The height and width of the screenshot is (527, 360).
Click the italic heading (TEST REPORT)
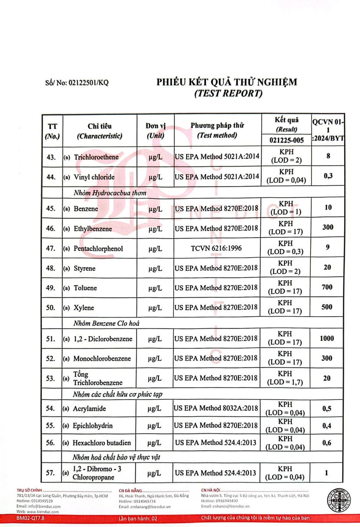click(x=228, y=93)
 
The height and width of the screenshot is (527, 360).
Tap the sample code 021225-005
click(x=285, y=141)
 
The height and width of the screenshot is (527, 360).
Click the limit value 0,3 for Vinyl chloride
click(x=327, y=176)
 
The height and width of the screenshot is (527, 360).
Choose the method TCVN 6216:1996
click(x=217, y=249)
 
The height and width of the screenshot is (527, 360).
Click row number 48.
click(x=51, y=268)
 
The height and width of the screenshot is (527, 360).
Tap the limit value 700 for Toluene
click(x=327, y=287)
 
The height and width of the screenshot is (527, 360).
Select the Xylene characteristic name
click(x=84, y=308)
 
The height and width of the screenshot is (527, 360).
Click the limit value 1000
click(x=327, y=338)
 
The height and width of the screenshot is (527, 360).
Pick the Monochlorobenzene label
click(x=102, y=358)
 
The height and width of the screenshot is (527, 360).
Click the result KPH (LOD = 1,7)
click(x=285, y=378)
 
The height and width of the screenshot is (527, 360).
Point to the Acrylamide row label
click(x=90, y=408)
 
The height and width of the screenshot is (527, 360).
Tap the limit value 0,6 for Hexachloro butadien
click(x=327, y=443)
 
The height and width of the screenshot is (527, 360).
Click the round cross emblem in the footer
click(x=338, y=500)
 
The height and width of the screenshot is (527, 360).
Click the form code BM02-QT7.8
click(x=30, y=518)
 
